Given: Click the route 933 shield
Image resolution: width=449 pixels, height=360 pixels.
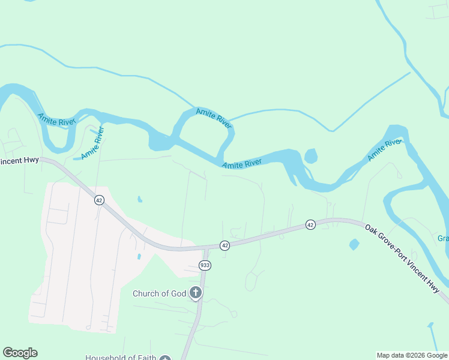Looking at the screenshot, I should (205, 265).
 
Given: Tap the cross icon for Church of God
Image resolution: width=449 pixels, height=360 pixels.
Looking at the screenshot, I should (195, 293).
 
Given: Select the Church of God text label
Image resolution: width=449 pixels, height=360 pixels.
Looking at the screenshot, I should (159, 293).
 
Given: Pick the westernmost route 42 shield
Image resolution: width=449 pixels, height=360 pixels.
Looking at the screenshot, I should (99, 200).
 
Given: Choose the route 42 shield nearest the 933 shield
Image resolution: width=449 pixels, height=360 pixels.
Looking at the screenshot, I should (224, 245).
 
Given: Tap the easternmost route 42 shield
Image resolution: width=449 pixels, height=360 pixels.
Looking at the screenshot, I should (310, 224).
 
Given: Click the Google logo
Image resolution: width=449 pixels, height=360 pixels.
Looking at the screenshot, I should (20, 353).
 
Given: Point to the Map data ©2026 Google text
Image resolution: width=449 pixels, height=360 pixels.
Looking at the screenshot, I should (412, 355).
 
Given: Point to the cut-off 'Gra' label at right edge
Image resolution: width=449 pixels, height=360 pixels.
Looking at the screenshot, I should (443, 238).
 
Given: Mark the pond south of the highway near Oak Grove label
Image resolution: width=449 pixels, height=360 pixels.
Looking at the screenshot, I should (354, 244).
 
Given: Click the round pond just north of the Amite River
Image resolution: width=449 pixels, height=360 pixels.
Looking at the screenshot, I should (310, 157).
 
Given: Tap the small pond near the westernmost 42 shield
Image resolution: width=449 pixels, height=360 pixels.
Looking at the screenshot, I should (140, 199).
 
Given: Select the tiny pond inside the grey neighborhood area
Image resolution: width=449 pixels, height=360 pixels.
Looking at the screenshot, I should (139, 256).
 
